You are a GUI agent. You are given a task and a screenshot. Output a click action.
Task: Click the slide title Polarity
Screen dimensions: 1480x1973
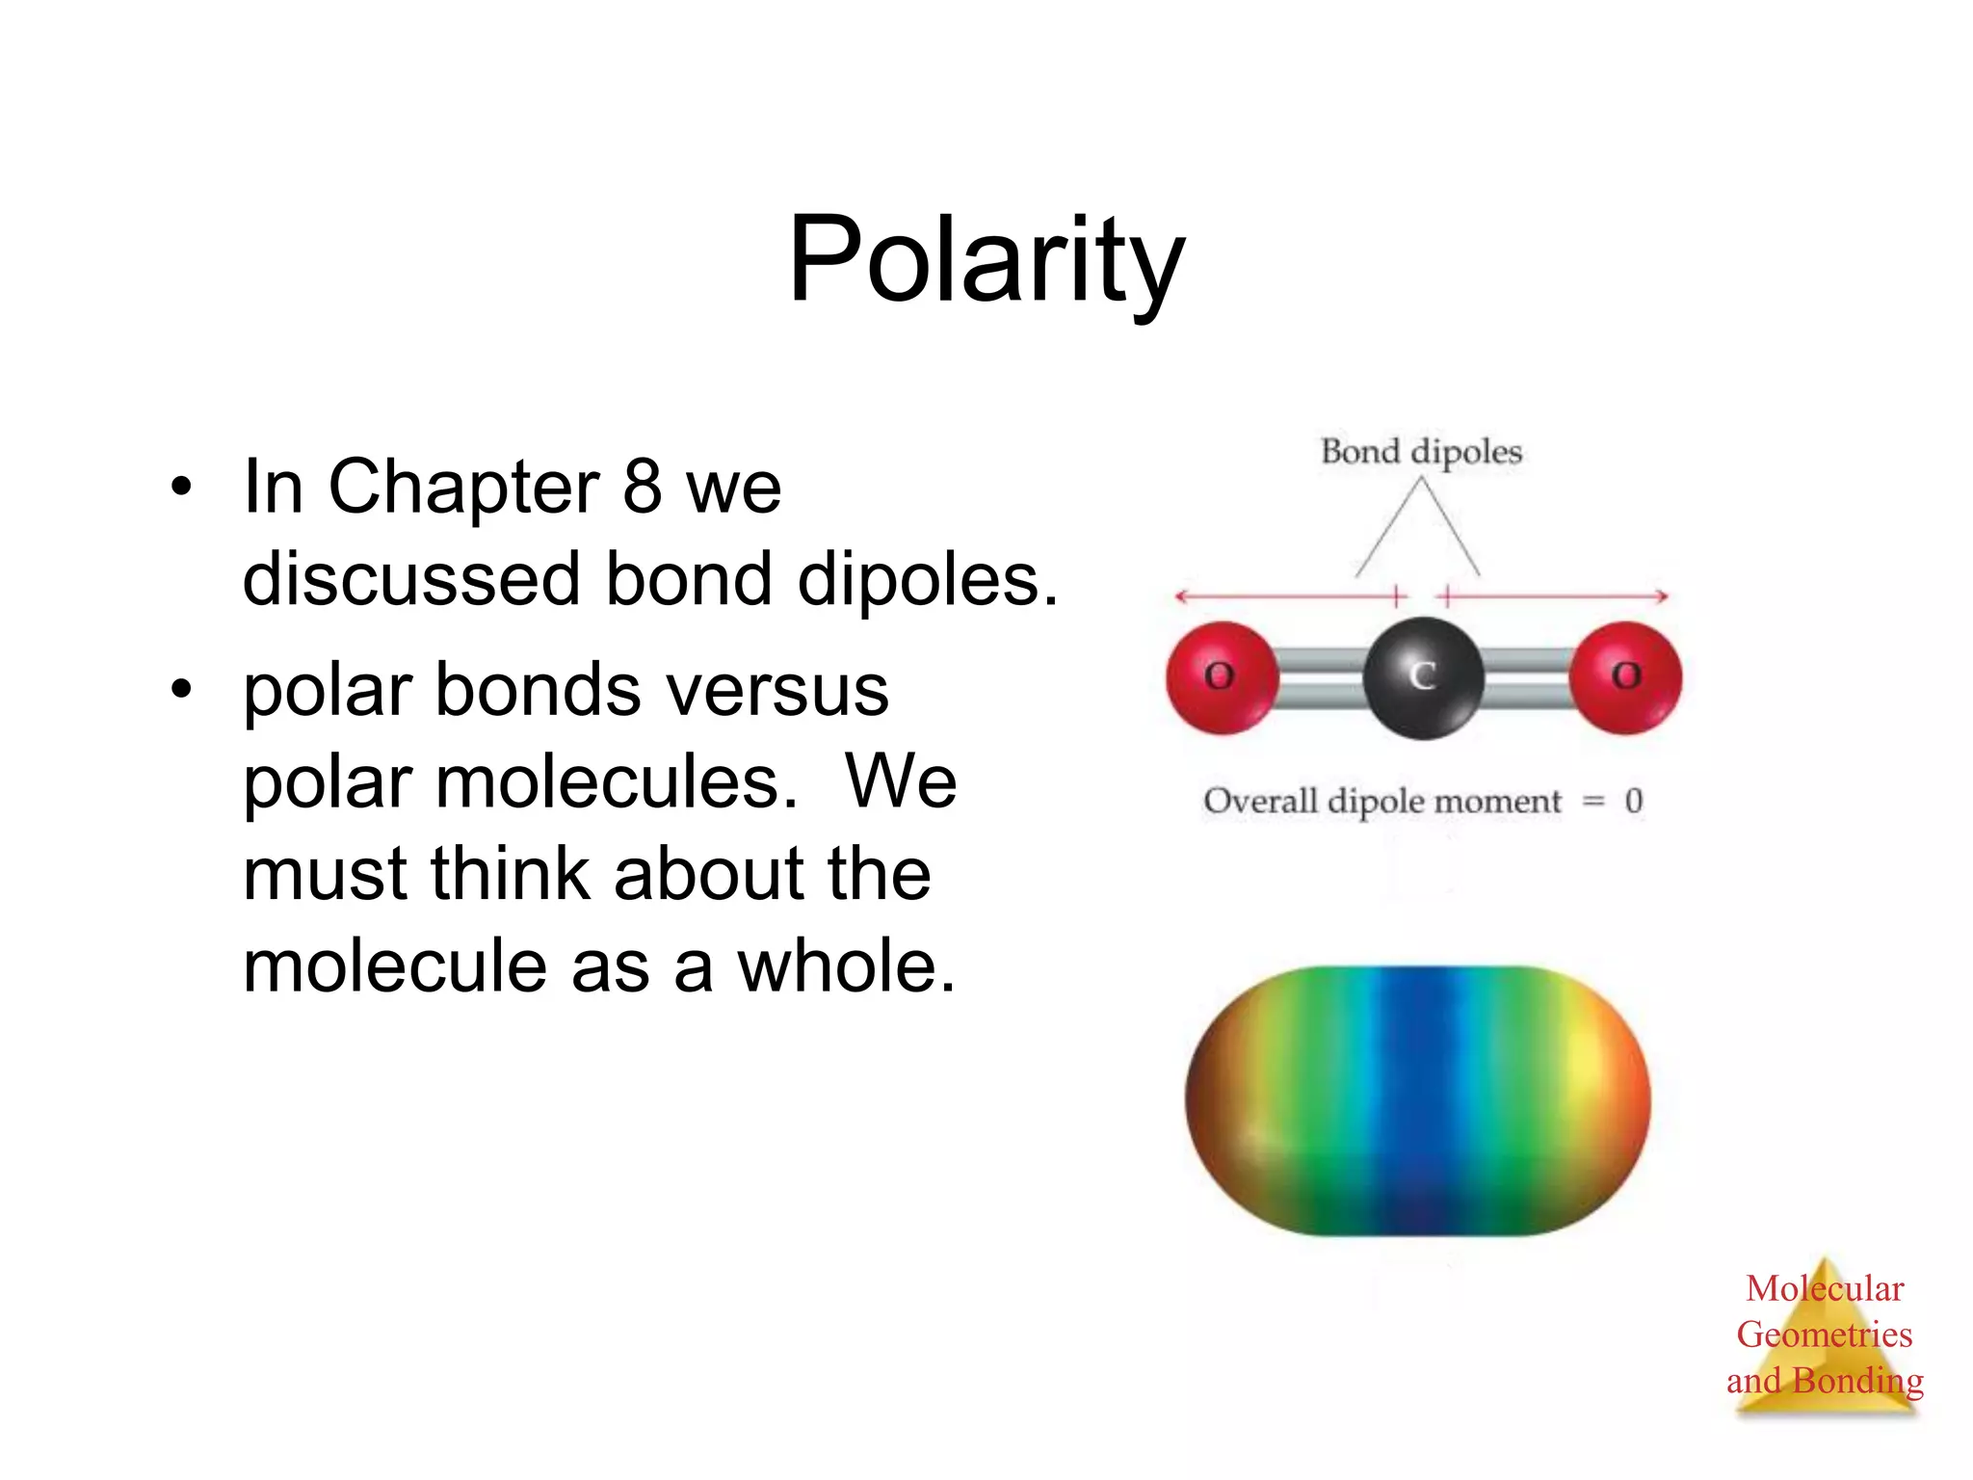click(x=986, y=260)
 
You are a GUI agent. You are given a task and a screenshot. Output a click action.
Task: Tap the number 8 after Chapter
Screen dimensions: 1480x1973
click(x=642, y=487)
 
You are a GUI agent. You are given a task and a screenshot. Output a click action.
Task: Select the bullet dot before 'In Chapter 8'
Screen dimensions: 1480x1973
click(x=181, y=487)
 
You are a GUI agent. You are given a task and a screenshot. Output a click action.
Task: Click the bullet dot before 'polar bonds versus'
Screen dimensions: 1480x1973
click(x=181, y=690)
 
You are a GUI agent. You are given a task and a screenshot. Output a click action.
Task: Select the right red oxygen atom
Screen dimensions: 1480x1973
click(x=1626, y=677)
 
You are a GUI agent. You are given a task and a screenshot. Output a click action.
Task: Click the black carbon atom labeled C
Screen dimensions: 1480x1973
click(x=1423, y=678)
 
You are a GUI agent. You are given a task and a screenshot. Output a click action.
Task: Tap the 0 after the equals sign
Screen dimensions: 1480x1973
click(x=1634, y=801)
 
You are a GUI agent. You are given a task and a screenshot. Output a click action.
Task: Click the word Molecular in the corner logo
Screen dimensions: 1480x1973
click(x=1825, y=1289)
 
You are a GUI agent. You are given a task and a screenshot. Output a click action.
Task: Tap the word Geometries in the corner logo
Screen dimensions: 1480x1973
click(x=1825, y=1335)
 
